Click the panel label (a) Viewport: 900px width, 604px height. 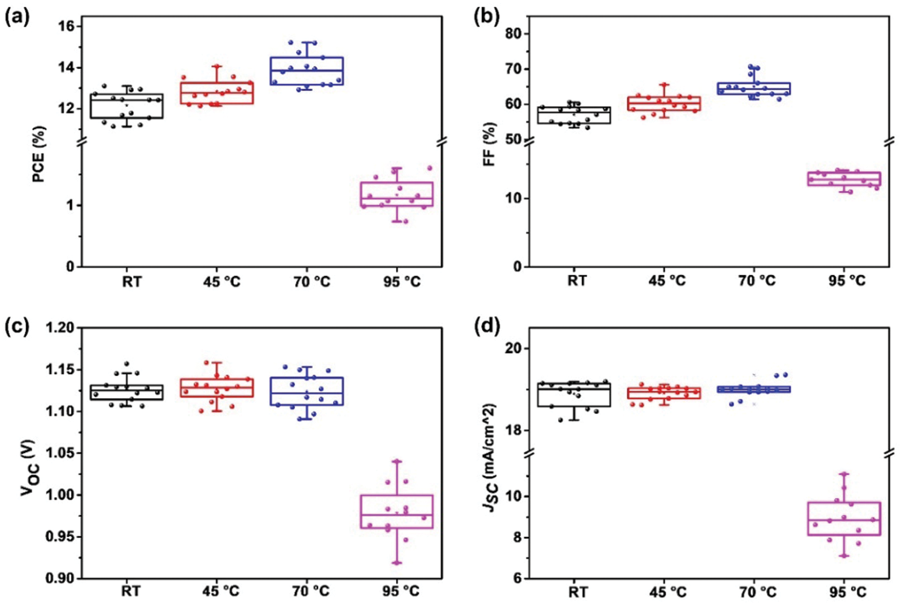point(17,18)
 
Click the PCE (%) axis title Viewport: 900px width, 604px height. point(40,154)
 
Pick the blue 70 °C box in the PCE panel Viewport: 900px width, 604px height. point(307,71)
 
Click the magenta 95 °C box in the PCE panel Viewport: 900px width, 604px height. point(397,194)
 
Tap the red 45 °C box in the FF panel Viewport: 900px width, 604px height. point(664,104)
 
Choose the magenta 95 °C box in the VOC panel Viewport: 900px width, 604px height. point(397,512)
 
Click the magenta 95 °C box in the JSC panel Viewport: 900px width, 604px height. point(844,519)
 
